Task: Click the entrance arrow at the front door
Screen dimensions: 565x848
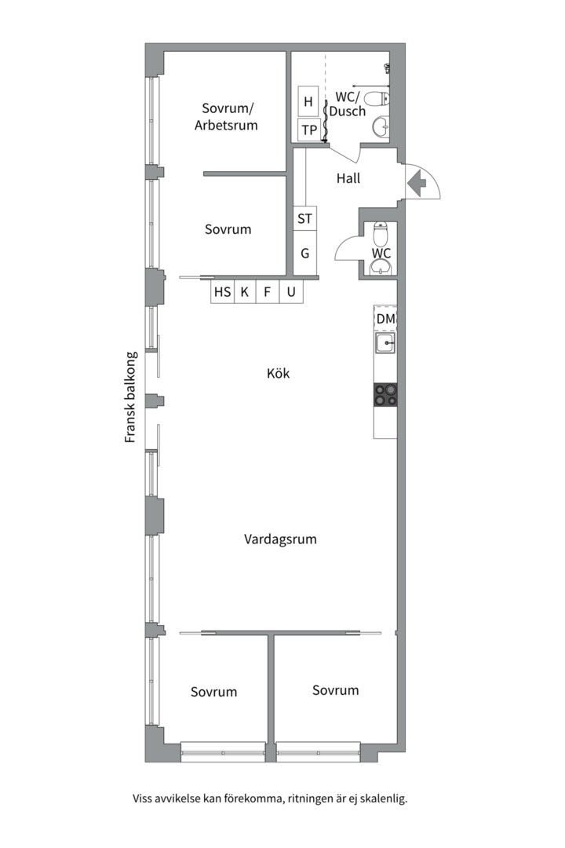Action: (417, 183)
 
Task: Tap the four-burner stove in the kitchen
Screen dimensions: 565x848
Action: (385, 394)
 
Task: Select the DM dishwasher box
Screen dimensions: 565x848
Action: (385, 319)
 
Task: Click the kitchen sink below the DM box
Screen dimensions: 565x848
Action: (385, 343)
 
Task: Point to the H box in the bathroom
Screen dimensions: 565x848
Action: (308, 101)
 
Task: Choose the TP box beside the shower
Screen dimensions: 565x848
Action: (308, 130)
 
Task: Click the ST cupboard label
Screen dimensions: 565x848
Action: (305, 218)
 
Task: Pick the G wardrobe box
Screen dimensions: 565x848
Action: (305, 253)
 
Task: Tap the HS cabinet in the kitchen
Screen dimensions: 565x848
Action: (222, 292)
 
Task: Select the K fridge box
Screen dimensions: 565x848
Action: (245, 292)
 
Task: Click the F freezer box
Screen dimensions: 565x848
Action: (267, 292)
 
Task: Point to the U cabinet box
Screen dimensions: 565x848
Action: (291, 292)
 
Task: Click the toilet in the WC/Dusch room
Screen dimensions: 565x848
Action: (377, 99)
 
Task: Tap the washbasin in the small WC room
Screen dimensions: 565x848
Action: (382, 267)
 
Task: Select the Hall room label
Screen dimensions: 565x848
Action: (348, 178)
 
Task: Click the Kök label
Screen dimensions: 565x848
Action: (279, 373)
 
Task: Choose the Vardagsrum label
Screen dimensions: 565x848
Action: (280, 539)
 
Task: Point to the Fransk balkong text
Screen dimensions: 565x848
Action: (130, 397)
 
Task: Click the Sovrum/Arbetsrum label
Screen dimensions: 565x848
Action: (227, 117)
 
